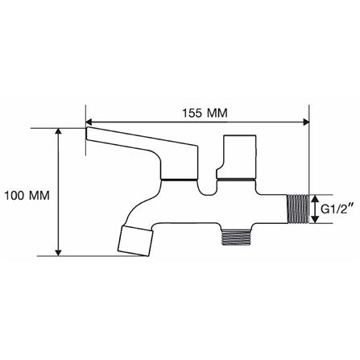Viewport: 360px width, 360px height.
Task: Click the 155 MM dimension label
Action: [x=205, y=113]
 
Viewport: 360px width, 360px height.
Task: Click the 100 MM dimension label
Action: [x=27, y=196]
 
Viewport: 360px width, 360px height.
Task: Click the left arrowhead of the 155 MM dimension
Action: [x=89, y=122]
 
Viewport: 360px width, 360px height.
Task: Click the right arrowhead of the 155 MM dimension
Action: [x=306, y=122]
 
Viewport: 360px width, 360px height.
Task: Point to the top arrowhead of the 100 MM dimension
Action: [x=58, y=131]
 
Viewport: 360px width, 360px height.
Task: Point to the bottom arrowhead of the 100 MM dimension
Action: [x=58, y=253]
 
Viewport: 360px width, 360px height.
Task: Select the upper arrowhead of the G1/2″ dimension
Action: [x=315, y=199]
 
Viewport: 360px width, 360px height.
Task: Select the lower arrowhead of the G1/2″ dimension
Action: [x=315, y=219]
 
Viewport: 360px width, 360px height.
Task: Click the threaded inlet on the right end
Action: [x=298, y=209]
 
